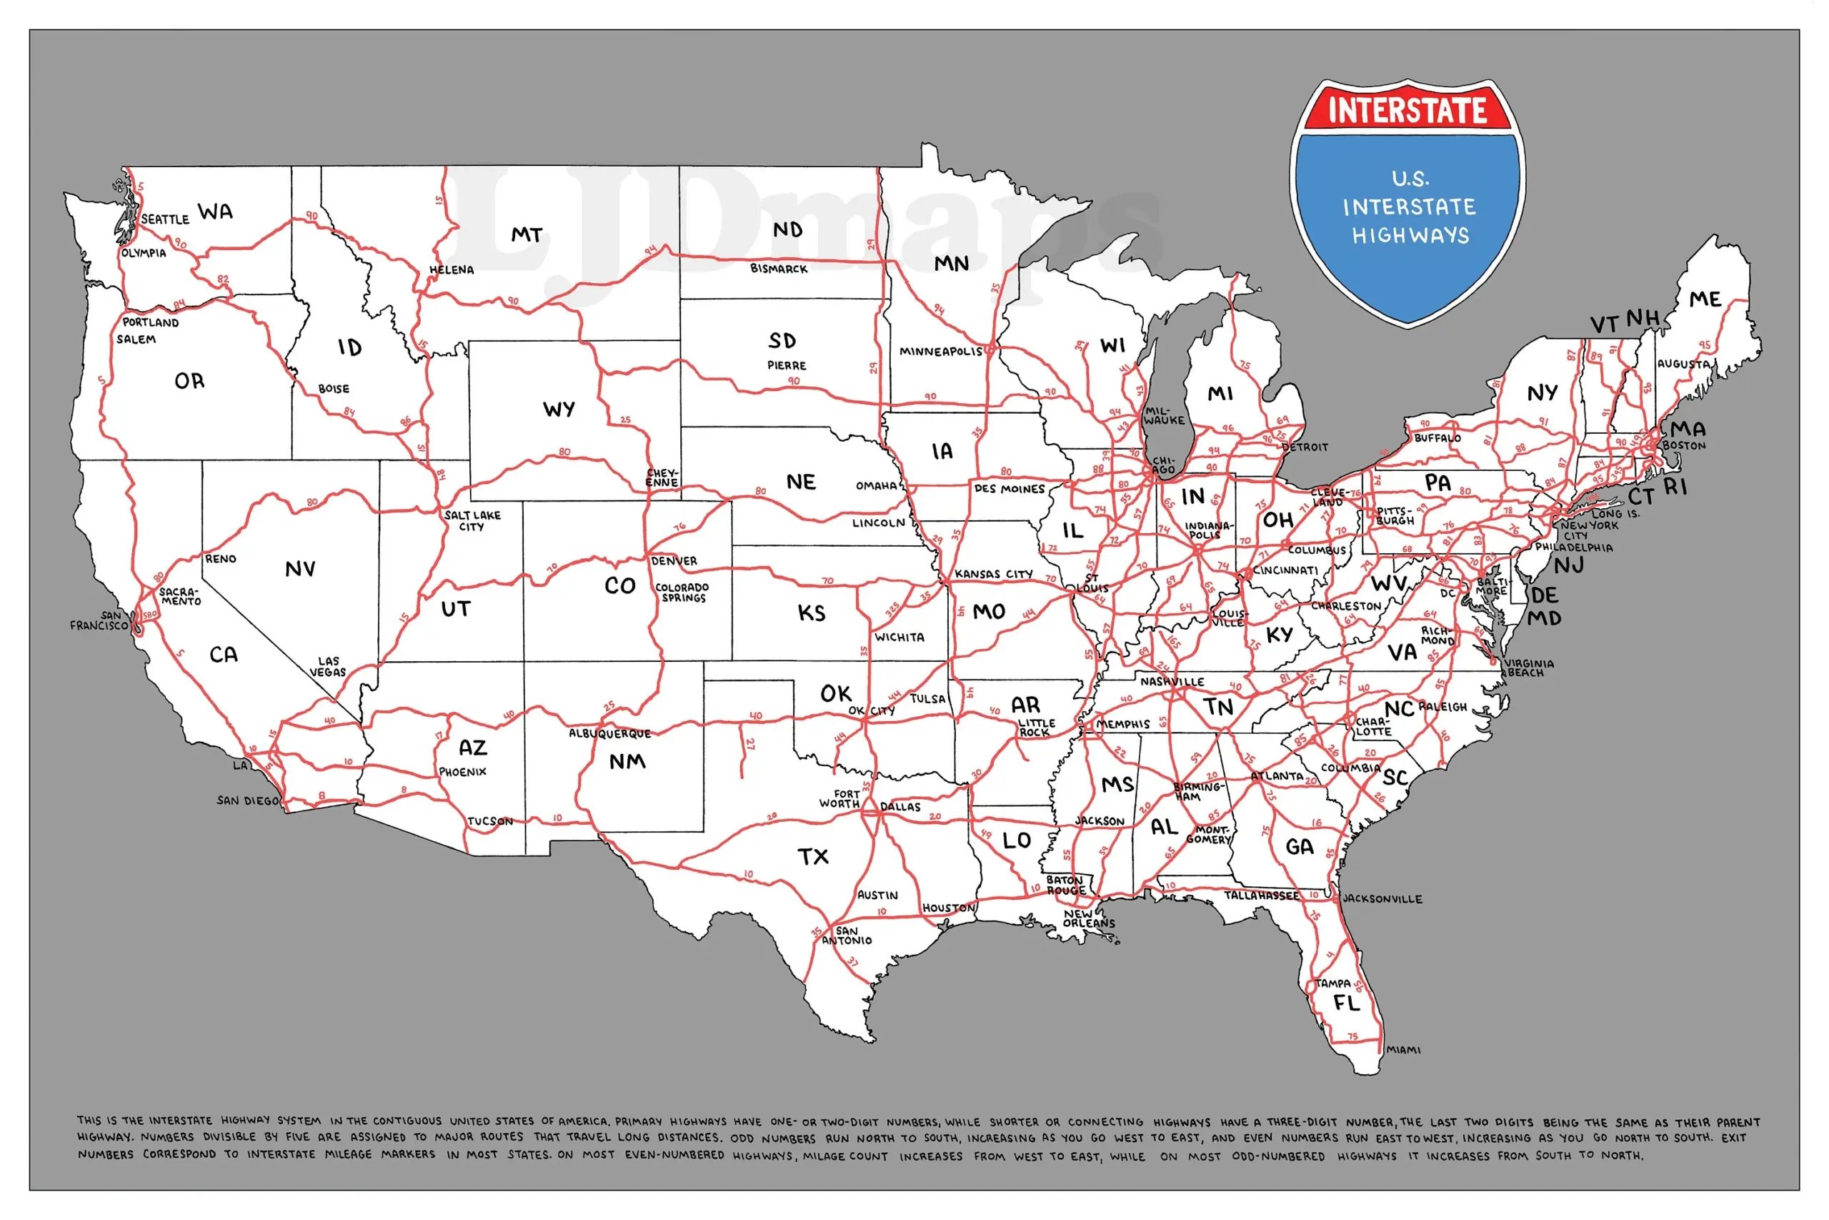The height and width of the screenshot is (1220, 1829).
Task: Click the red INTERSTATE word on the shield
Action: click(x=1407, y=109)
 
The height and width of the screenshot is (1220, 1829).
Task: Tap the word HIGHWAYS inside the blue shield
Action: click(x=1410, y=236)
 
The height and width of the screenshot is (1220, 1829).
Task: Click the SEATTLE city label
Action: click(x=165, y=219)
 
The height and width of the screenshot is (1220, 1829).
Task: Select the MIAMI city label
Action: click(x=1404, y=1051)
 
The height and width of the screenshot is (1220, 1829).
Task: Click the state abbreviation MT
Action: click(x=527, y=235)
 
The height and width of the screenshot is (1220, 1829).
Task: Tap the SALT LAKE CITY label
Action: click(x=472, y=520)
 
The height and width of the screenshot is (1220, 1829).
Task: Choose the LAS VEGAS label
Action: click(x=327, y=667)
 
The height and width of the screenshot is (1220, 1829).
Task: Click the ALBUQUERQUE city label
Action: click(x=609, y=734)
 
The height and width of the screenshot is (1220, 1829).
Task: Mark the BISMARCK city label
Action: click(x=779, y=269)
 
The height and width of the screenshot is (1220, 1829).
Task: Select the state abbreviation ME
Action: click(x=1705, y=299)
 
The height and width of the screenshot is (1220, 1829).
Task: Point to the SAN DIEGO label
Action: click(x=247, y=800)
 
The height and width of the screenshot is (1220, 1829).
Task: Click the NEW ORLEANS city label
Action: click(x=1088, y=919)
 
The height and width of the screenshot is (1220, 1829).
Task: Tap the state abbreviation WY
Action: click(x=559, y=410)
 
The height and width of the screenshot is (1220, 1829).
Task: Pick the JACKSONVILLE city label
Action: click(x=1382, y=898)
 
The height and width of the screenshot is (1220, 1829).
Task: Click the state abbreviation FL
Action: click(x=1347, y=1003)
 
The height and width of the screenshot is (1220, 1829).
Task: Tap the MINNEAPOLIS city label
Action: click(x=941, y=352)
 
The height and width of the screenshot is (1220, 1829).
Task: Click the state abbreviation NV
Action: click(x=300, y=570)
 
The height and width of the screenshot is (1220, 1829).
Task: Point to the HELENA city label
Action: click(x=451, y=270)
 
